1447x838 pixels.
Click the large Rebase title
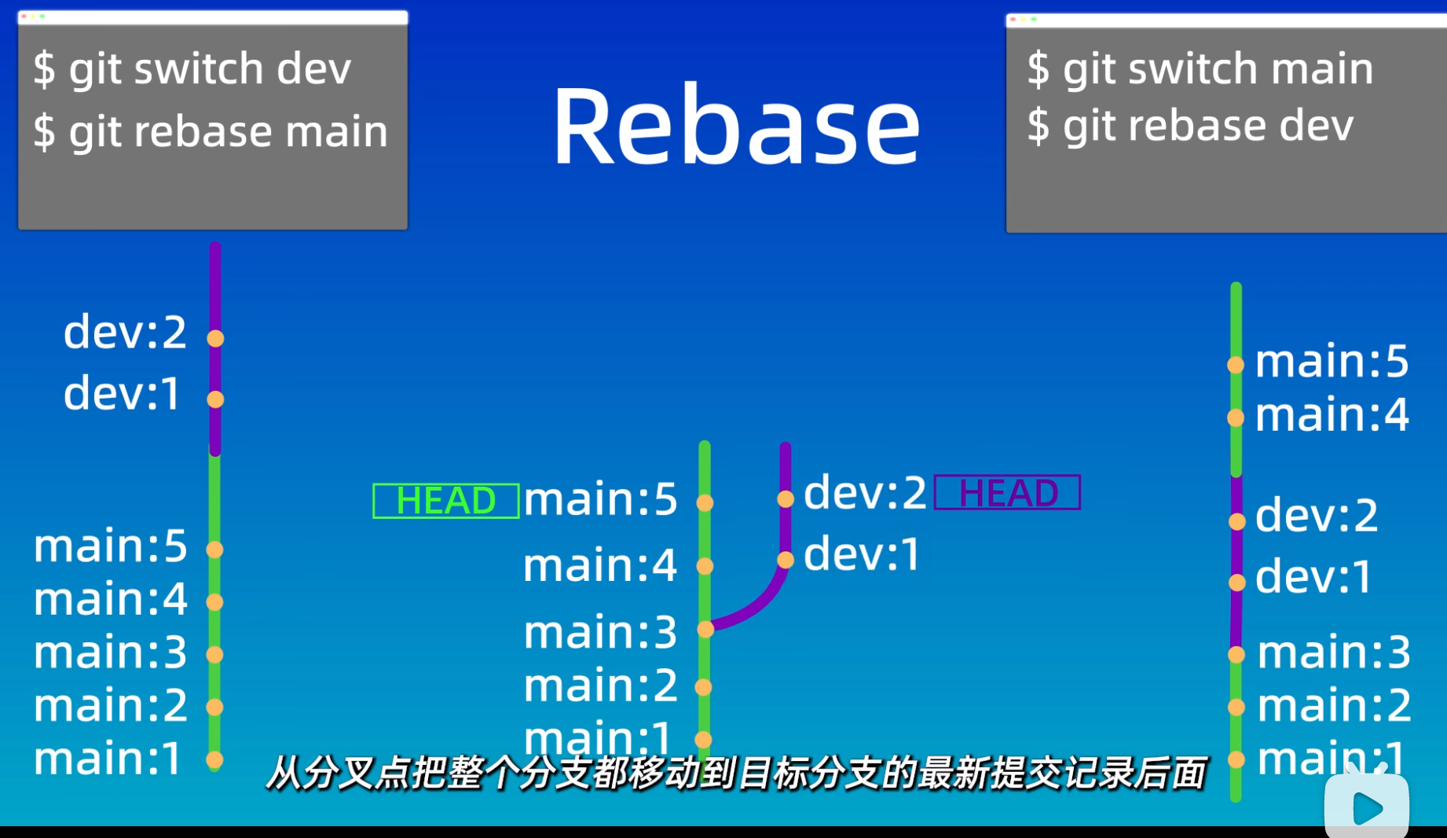(736, 126)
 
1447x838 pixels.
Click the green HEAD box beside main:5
(445, 501)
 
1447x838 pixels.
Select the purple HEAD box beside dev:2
(1007, 493)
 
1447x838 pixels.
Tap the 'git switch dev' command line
(192, 68)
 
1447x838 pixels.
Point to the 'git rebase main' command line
(211, 130)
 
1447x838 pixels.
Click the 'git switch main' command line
(1200, 68)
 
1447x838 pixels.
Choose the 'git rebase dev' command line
(1189, 126)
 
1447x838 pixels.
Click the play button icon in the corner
(1367, 807)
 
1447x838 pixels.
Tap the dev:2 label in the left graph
(125, 332)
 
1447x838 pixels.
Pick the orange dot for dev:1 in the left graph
(215, 399)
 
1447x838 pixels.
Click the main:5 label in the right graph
(1332, 362)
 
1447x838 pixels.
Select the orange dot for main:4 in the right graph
(1236, 417)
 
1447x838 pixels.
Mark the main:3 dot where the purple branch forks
(705, 629)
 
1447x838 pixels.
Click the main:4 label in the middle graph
(599, 565)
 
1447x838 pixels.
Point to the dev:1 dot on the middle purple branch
(786, 560)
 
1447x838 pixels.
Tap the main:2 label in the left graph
(110, 705)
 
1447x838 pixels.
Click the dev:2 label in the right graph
(1317, 516)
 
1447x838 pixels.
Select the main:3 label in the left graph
(110, 652)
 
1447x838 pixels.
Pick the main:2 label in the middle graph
(599, 685)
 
